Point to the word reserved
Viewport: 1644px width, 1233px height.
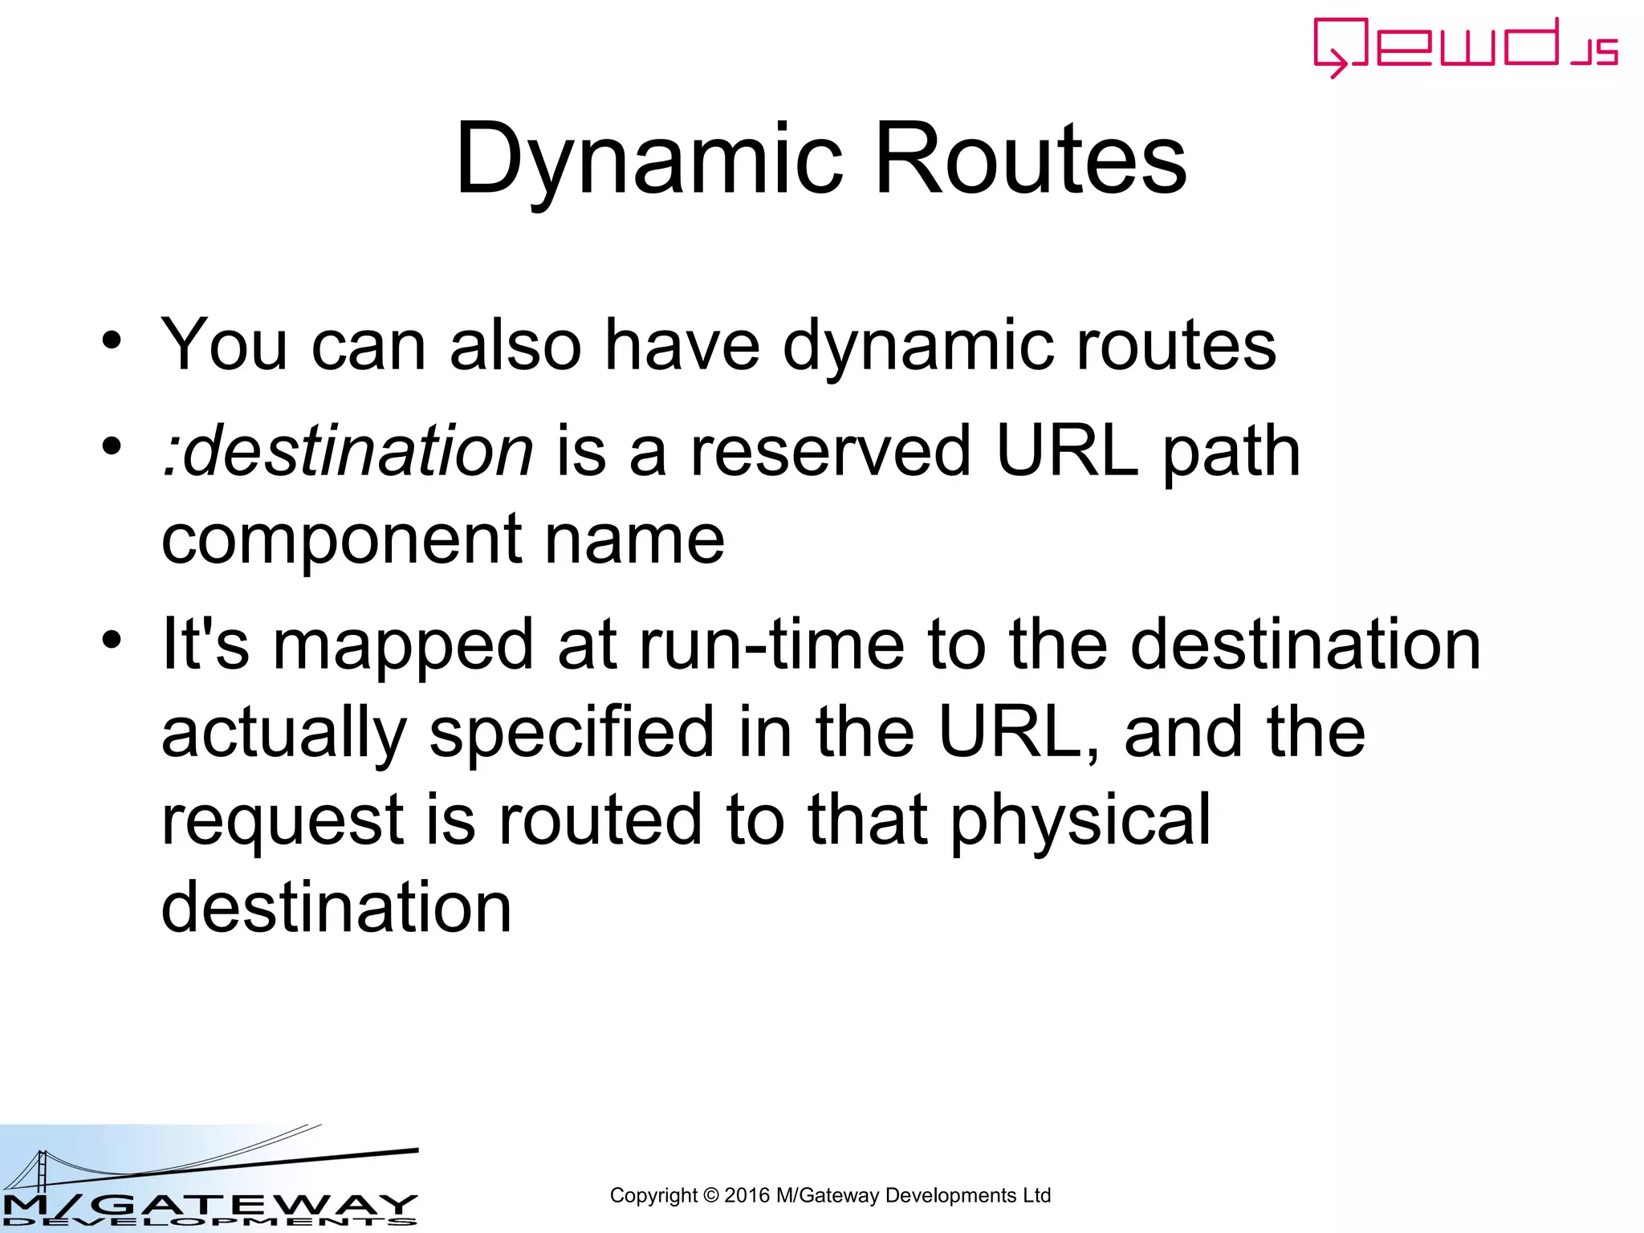pos(830,451)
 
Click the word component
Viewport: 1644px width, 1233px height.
pos(342,539)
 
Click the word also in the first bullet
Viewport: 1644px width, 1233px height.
pos(515,345)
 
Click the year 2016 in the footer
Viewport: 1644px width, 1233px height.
pos(747,1195)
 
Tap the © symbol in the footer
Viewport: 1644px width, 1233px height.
pos(710,1195)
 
